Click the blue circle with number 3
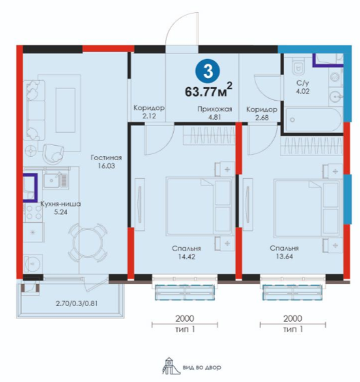coord(207,71)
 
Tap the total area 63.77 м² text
coord(209,90)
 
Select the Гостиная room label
coord(106,157)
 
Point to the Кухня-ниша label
coord(60,204)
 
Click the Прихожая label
coord(215,109)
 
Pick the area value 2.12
coord(149,116)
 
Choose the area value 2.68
coord(262,118)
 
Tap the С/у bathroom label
coord(303,83)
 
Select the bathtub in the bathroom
coord(313,120)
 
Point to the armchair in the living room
coord(53,154)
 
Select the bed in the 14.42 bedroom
coord(199,207)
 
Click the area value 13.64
coord(284,256)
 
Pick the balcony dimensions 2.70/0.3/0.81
coord(77,303)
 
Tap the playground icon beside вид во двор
coord(168,366)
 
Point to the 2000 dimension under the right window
coord(293,318)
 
